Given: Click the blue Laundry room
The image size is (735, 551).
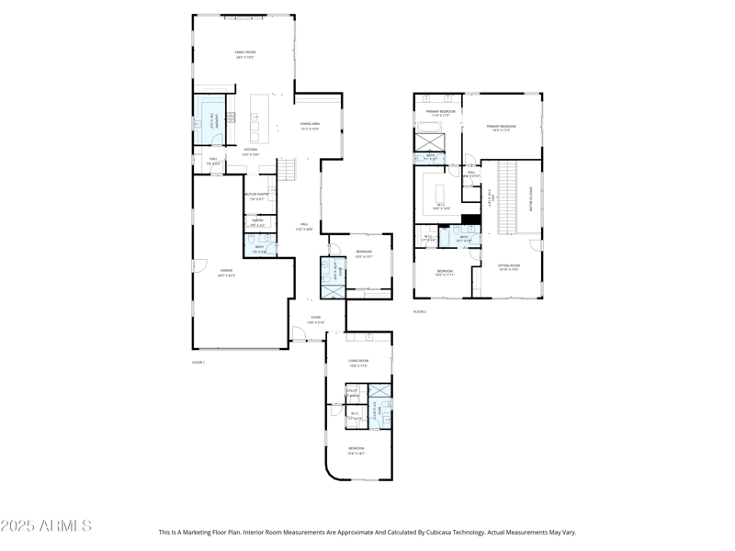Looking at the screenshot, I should point(209,119).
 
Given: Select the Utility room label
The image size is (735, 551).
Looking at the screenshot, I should point(352,393).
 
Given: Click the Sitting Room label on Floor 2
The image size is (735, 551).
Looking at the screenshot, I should point(509,267).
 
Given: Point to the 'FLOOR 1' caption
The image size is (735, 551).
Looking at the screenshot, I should point(198,363).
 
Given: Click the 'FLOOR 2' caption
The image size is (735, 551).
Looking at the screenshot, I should point(419,312).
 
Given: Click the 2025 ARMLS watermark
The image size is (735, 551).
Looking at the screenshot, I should point(46,526).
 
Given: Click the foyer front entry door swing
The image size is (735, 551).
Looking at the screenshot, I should point(299,339).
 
